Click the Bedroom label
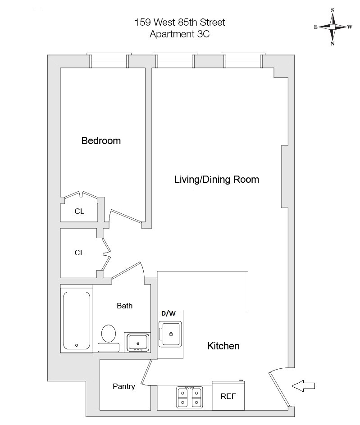(101, 141)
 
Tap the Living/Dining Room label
(216, 180)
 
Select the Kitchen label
(223, 346)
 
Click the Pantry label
(123, 386)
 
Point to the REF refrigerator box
(228, 396)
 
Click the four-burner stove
(189, 396)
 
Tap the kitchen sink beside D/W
(170, 334)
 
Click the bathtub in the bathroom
(77, 321)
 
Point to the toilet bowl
(109, 334)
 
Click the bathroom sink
(138, 342)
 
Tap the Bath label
(125, 306)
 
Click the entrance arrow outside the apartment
(303, 385)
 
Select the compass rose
(333, 27)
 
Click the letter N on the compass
(333, 44)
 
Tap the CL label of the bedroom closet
(79, 211)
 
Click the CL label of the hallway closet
(79, 253)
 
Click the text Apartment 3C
(180, 33)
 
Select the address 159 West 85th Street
(180, 22)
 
